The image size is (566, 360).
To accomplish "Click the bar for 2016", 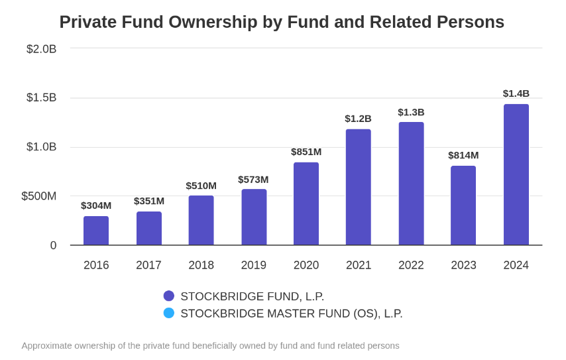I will (96, 231).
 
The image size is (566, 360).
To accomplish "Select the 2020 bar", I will (306, 204).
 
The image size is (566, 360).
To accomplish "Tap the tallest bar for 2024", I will (516, 174).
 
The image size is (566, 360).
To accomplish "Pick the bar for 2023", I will (463, 206).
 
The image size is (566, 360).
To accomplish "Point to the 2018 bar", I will (201, 220).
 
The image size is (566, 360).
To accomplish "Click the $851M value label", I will (306, 152).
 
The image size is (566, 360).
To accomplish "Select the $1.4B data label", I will (516, 93).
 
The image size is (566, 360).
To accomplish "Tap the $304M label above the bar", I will (96, 206).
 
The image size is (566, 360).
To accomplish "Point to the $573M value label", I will (253, 180).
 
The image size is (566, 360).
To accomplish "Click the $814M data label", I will (463, 155).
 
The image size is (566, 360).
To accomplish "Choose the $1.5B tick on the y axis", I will (41, 97).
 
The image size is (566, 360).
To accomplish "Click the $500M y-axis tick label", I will (38, 196).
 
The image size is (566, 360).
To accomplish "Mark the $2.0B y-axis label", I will (41, 49).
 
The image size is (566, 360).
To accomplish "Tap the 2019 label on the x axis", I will (254, 265).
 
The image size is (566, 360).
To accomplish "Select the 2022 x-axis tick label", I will (411, 265).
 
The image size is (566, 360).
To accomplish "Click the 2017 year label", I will (148, 265).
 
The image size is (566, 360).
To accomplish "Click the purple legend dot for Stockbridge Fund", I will (169, 296).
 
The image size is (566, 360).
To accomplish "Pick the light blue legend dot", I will (169, 313).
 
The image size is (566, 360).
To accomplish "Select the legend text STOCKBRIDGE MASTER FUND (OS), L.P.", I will (292, 314).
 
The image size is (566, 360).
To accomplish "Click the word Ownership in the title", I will (213, 22).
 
